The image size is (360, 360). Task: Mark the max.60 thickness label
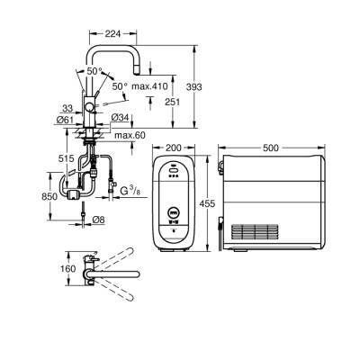130,135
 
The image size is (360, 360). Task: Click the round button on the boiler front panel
173,212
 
